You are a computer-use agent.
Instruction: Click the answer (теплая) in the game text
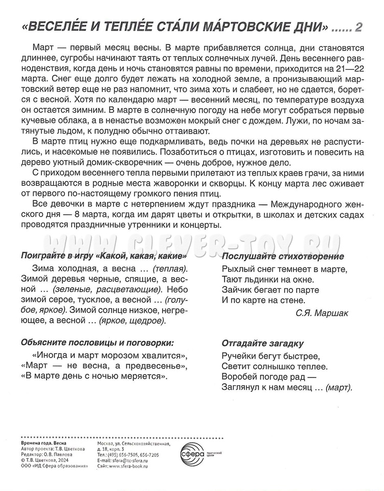point(170,267)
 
